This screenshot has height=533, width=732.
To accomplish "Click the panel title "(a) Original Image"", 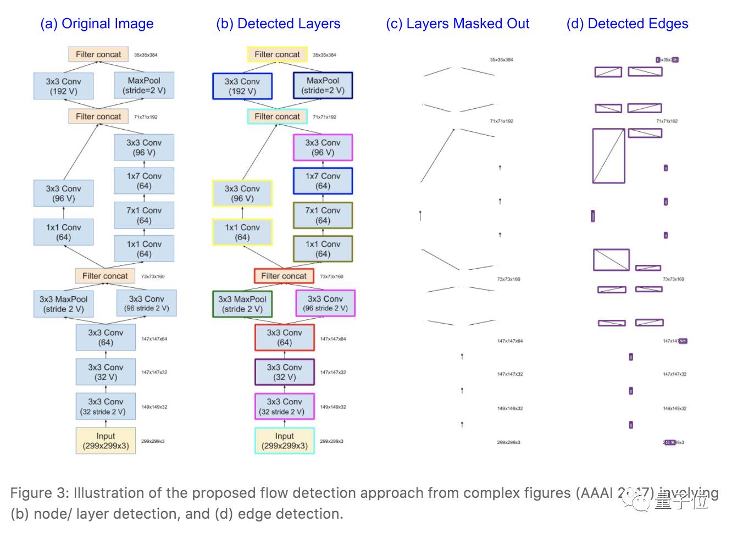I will point(97,24).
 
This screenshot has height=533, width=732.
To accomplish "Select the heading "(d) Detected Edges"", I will point(627,24).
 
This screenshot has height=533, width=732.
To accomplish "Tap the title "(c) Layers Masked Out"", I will point(457,24).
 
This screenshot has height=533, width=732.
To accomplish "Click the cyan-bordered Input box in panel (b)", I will point(285,441).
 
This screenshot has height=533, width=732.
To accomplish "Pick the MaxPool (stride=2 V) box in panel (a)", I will point(144,86).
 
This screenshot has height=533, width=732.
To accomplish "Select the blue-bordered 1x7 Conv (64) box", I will point(323,181).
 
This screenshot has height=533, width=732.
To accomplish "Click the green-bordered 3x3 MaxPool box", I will point(242,304).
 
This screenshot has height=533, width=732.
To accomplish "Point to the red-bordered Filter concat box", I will point(284,276).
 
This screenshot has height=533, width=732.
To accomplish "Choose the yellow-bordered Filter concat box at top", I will point(277,54).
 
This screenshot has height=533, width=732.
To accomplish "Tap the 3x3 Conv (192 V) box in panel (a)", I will point(63,86).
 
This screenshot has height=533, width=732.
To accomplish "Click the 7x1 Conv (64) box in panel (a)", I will point(144,215).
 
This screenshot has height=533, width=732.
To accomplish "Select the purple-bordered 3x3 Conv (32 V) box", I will point(284,372).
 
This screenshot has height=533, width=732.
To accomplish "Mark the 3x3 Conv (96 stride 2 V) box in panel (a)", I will point(147,303).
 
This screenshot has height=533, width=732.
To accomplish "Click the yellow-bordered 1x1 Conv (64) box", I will point(242,232).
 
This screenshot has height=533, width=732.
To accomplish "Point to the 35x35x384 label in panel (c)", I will point(501,59).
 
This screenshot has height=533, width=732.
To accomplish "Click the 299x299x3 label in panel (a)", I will point(153,441).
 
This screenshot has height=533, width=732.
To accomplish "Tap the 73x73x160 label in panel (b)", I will point(331,276).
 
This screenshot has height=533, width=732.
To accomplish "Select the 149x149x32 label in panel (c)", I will point(510,408).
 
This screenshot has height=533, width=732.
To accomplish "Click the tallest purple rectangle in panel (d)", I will point(608,156).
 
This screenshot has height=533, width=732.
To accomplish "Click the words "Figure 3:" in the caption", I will point(39,493).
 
